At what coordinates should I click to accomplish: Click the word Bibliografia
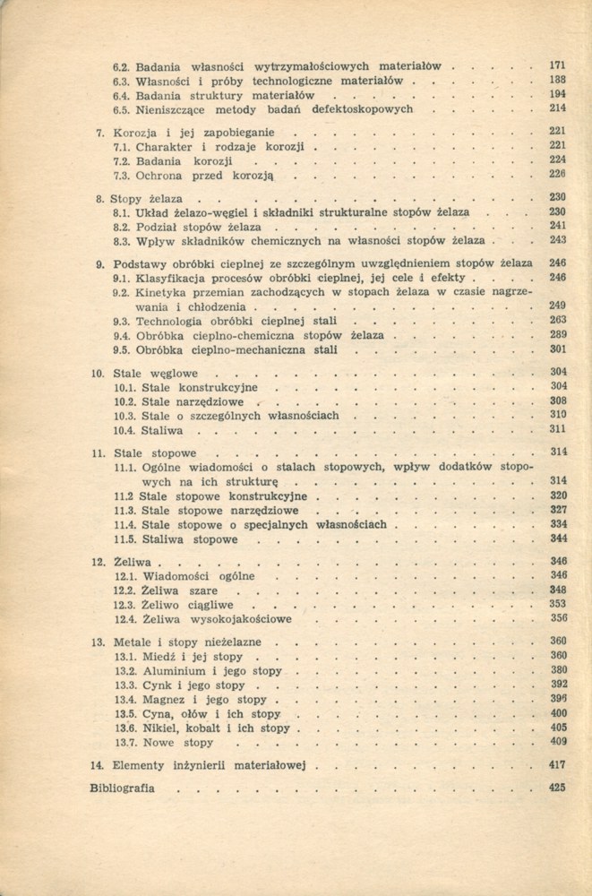[x=122, y=788]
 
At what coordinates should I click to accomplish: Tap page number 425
[x=558, y=788]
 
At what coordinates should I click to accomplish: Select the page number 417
[x=558, y=765]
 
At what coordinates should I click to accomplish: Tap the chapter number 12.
[x=99, y=561]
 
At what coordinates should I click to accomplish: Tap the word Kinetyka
[x=166, y=292]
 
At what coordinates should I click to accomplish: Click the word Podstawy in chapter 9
[x=140, y=263]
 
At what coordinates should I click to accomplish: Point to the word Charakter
[x=170, y=145]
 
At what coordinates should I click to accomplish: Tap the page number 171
[x=558, y=65]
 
